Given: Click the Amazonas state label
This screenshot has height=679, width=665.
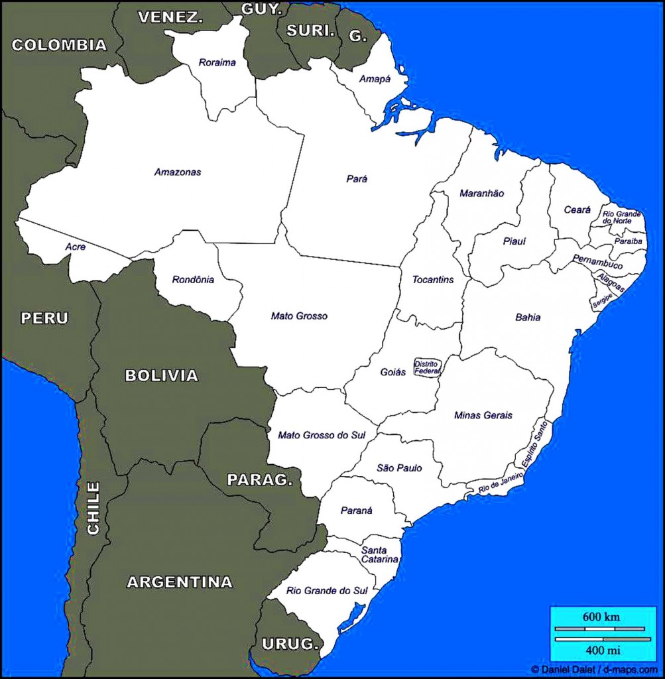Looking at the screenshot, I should (178, 172).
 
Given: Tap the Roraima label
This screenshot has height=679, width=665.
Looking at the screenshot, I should (217, 63).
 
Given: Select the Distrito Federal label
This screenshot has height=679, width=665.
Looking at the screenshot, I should (426, 367).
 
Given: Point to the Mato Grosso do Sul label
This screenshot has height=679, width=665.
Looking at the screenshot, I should (322, 435).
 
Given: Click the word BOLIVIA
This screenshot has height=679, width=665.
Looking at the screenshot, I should (161, 376).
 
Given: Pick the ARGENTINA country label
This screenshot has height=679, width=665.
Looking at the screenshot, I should (180, 582).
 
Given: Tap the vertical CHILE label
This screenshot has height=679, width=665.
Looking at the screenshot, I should (93, 508).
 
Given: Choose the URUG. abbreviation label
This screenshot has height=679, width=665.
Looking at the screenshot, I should (290, 643).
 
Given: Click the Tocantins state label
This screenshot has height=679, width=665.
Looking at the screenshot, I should (433, 280).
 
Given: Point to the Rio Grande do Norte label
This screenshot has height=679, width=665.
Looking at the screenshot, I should (621, 217).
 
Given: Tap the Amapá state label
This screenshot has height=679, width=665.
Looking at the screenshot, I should (375, 79).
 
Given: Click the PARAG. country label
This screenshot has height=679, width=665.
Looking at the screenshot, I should (259, 479).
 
